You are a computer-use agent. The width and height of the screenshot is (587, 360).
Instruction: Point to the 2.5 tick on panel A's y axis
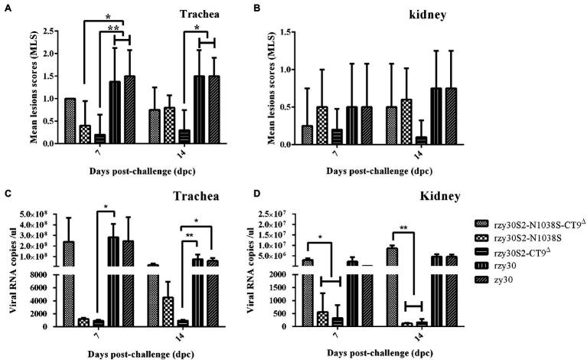[52, 31]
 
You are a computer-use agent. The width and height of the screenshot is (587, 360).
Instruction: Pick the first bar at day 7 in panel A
[70, 120]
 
